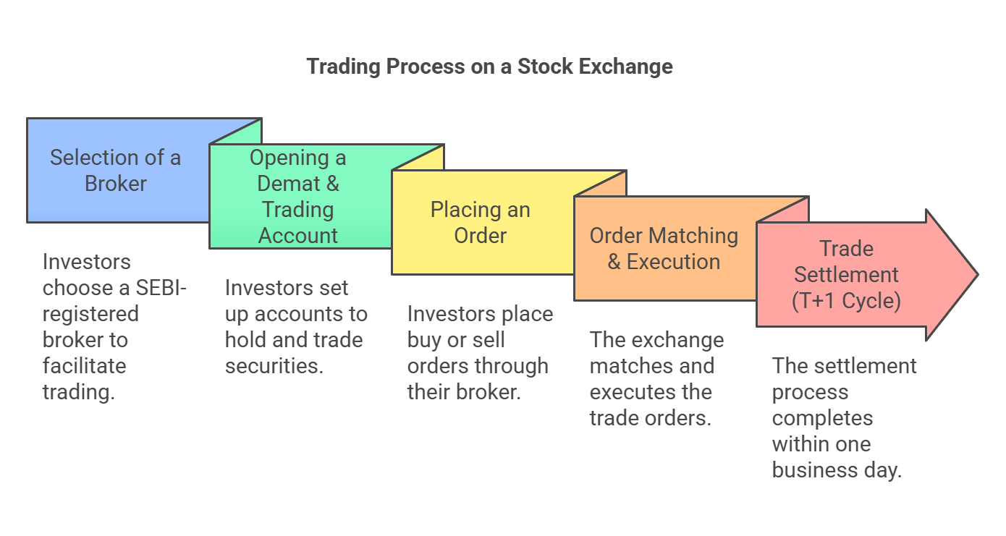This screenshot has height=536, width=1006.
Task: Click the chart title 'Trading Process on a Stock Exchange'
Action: [x=489, y=67]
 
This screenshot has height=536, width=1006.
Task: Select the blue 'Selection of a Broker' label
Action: [x=115, y=171]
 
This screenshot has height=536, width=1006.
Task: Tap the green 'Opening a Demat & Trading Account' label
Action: [x=297, y=197]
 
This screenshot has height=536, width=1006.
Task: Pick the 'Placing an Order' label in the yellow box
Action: [x=480, y=223]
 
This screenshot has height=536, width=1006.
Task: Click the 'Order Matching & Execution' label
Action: [x=664, y=249]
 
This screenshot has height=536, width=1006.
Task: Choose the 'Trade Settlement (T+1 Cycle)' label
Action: [x=846, y=275]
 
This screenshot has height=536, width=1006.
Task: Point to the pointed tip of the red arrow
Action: [x=977, y=275]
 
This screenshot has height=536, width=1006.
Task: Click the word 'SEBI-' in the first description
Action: [x=161, y=288]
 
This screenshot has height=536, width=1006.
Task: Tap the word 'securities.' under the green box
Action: [x=274, y=366]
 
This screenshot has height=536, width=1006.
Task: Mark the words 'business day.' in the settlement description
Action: [x=837, y=470]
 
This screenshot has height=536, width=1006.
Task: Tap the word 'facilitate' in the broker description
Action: [x=85, y=366]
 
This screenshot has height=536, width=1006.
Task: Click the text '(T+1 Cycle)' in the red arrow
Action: [x=846, y=301]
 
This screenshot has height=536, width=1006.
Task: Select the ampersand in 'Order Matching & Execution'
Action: [x=614, y=262]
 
